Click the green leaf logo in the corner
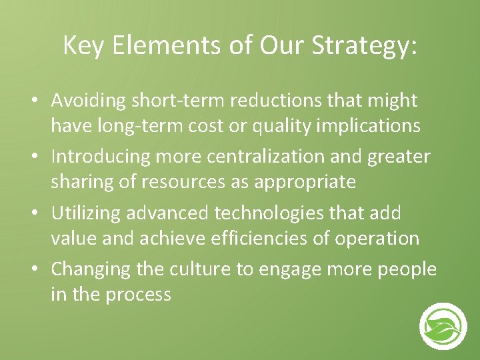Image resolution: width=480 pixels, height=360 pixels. [443, 327]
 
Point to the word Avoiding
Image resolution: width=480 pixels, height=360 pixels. [90, 101]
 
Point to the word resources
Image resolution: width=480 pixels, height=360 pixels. [173, 181]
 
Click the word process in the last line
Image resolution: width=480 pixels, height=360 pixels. [139, 293]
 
